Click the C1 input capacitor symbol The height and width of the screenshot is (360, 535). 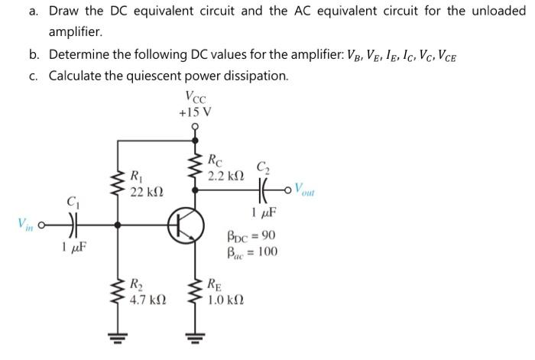pos(74,225)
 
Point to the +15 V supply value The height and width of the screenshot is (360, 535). pos(194,112)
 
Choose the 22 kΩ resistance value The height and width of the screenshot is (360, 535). pos(145,190)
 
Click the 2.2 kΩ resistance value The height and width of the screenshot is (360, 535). pos(226,176)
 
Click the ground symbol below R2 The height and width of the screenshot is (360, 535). pos(117,336)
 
